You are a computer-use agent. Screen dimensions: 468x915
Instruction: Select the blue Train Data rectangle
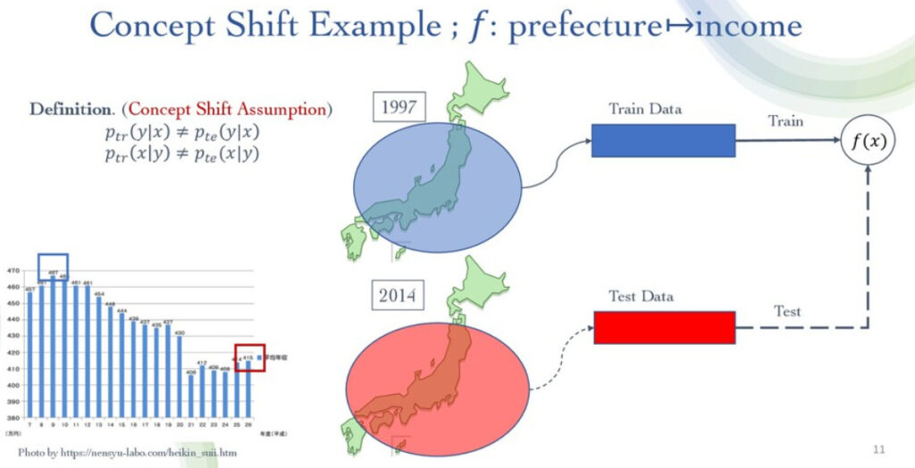click(x=663, y=140)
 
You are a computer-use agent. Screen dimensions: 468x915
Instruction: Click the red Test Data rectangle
click(x=664, y=327)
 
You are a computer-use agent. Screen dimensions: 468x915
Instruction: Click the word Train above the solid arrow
click(x=785, y=121)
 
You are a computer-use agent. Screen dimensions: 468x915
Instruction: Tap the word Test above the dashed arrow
click(x=787, y=311)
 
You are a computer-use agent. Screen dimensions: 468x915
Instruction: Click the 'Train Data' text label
click(x=644, y=109)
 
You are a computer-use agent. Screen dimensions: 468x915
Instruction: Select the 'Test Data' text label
click(x=641, y=297)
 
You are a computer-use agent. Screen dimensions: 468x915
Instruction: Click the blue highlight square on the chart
click(x=53, y=267)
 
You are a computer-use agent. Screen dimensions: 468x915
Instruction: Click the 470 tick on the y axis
click(x=14, y=271)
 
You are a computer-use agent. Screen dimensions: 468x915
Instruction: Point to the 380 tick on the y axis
click(x=14, y=415)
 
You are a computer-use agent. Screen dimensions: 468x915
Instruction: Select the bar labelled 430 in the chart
click(x=179, y=375)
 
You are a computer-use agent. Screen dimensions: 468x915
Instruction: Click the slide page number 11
click(x=879, y=447)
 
